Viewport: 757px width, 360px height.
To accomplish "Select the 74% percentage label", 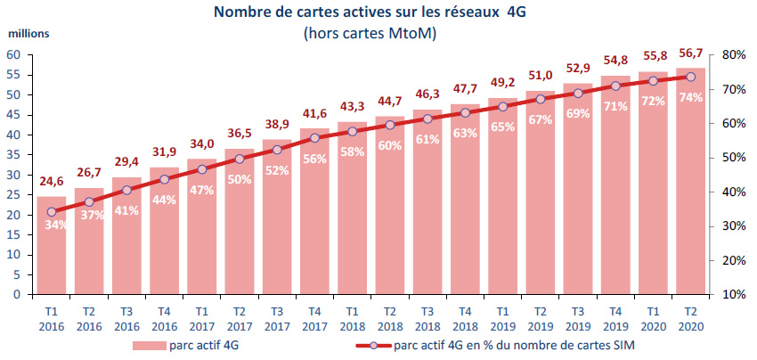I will [x=691, y=97].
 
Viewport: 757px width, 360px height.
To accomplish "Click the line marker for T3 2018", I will [x=427, y=119].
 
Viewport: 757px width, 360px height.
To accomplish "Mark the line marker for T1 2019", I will [x=502, y=106].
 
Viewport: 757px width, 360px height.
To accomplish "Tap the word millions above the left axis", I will [x=28, y=33].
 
